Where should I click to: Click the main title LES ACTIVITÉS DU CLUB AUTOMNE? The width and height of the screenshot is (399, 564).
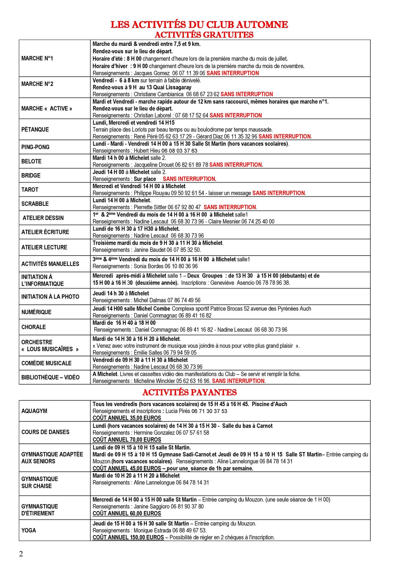coord(199,25)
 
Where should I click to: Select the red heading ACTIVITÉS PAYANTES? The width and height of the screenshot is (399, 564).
coord(189,392)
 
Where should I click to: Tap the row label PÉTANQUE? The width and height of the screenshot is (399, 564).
coord(35,129)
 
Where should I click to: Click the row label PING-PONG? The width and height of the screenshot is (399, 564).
coord(35,147)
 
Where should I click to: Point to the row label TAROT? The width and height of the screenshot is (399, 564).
coord(30,190)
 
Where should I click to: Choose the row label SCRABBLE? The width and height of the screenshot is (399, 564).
coord(35,204)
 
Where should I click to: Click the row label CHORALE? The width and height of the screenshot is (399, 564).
coord(33,327)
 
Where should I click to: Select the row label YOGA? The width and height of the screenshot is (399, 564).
coord(29,530)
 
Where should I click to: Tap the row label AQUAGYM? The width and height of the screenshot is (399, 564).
coord(34,411)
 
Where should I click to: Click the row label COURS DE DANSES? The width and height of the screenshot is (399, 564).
coord(45,432)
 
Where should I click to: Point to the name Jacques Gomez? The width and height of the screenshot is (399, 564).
coord(152,73)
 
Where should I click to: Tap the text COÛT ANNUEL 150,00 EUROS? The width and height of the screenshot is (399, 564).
coord(128,537)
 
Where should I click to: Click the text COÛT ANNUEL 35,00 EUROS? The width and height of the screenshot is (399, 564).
coord(127,418)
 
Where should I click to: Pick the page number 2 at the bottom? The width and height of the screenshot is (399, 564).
coord(21,554)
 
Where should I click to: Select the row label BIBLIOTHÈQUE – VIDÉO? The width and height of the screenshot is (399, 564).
coord(50,377)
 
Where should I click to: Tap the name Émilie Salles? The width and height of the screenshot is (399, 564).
coord(148,353)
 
